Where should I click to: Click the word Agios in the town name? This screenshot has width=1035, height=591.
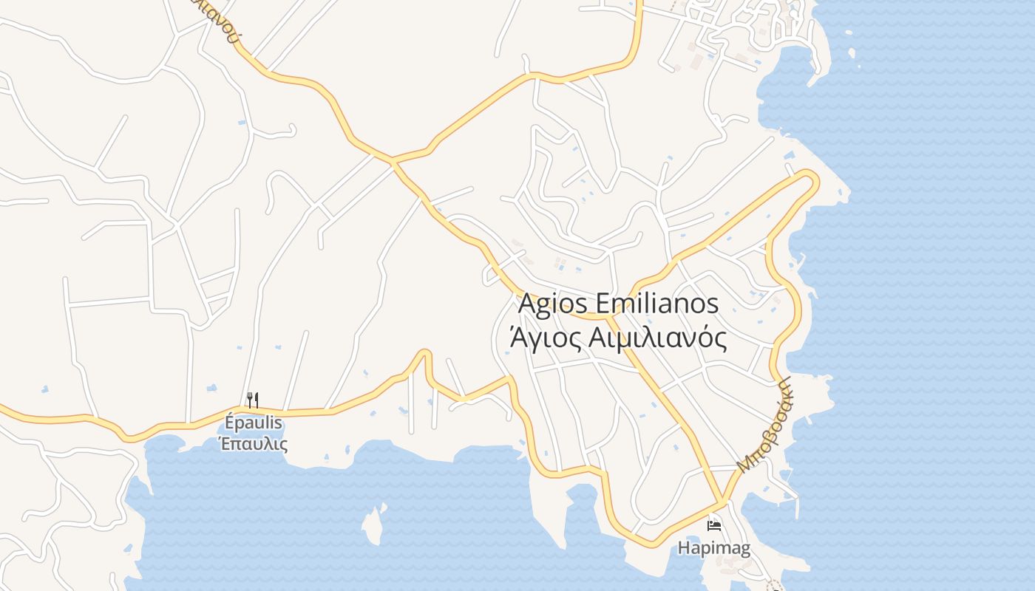(x=553, y=304)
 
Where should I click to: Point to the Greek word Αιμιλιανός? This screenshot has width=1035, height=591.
(x=654, y=338)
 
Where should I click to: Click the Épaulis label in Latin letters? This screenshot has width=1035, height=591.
(x=253, y=423)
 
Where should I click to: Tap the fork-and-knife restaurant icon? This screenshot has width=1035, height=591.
(x=252, y=400)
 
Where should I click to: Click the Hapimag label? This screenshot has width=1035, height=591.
(x=714, y=548)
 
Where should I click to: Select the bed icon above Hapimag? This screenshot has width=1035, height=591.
(x=713, y=526)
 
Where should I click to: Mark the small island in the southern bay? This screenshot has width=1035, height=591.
(x=374, y=525)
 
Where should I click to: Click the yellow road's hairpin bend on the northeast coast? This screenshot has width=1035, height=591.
(x=811, y=177)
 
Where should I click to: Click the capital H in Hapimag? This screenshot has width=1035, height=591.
(x=685, y=548)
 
